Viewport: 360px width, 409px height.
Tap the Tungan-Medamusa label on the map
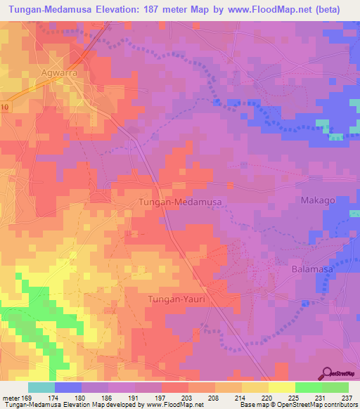181,202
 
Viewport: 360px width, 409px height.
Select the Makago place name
318,200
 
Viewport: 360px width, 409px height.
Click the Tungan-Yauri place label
179,300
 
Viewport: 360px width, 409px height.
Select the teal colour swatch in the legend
41,387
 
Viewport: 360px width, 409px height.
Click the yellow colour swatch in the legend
281,387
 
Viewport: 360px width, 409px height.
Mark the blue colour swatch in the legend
68,387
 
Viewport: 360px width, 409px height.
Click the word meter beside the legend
11,398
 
